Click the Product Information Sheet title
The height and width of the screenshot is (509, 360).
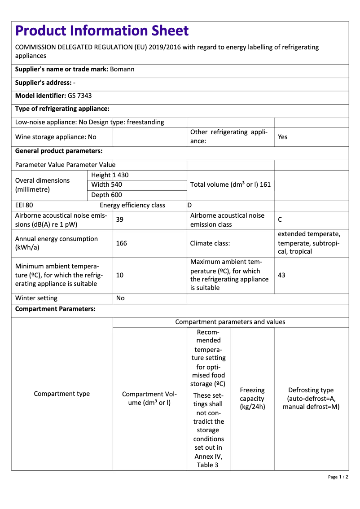point(102,31)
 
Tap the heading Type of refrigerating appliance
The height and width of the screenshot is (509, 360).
point(62,109)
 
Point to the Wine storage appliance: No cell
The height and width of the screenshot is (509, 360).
point(56,137)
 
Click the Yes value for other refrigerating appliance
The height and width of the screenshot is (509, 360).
point(282,137)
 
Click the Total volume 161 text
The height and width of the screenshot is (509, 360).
point(230,184)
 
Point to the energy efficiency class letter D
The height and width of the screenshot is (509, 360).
point(189,206)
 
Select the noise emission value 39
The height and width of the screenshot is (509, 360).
point(120,220)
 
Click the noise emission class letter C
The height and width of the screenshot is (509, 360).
point(280,220)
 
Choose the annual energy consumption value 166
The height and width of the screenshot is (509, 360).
point(121,243)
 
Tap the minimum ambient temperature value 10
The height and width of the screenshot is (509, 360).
point(120,275)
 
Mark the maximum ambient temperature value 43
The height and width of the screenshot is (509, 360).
point(281,275)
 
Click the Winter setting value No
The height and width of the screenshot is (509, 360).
point(120,298)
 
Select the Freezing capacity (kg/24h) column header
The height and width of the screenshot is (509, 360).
point(252,399)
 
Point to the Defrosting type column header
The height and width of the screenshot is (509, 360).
point(311,399)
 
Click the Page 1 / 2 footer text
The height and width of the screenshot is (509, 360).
point(338,477)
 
